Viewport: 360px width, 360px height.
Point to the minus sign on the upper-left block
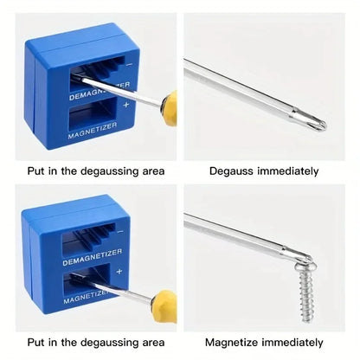coord(130,62)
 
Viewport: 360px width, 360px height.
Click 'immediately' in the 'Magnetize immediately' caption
coord(293,343)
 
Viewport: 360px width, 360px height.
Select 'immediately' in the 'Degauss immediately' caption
coord(288,170)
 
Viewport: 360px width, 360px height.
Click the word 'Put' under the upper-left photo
coord(36,170)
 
